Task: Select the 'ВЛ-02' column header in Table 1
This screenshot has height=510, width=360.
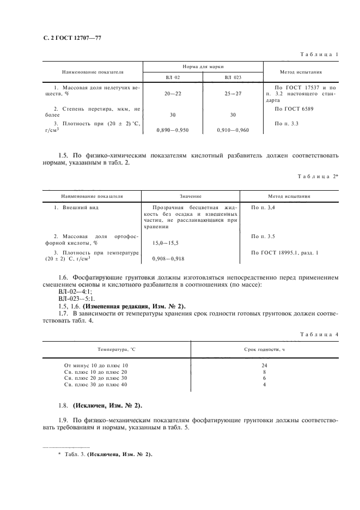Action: (173, 77)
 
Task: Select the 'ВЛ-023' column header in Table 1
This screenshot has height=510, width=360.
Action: (233, 77)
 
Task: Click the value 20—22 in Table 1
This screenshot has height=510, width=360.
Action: (173, 94)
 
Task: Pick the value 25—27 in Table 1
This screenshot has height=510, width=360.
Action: (233, 94)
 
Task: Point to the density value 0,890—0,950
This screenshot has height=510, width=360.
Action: (173, 131)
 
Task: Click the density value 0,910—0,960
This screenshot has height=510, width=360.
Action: (233, 131)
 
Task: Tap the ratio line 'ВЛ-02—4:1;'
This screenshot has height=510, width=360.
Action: (67, 292)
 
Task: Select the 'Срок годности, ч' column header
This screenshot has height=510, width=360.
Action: (264, 349)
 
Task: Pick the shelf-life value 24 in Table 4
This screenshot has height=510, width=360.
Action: (264, 365)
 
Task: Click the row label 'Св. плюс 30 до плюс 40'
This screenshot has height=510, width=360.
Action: (95, 385)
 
